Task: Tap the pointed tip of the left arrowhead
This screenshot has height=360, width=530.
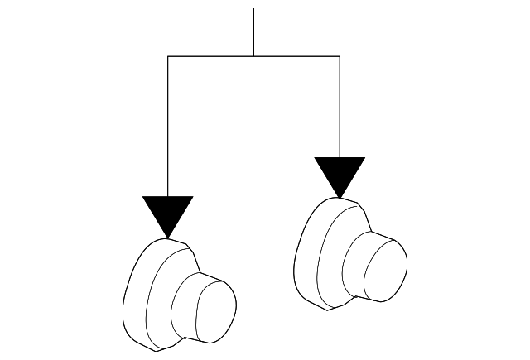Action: click(168, 238)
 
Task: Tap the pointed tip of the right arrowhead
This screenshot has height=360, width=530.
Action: click(340, 199)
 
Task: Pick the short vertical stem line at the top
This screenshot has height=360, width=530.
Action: click(253, 31)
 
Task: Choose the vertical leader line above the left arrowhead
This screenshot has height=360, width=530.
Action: click(168, 124)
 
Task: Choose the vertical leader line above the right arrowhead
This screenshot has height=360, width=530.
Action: click(340, 103)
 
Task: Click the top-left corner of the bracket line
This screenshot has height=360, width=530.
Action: click(168, 56)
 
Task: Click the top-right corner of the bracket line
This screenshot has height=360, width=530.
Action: click(340, 56)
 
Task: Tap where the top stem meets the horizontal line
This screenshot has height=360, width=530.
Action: click(253, 56)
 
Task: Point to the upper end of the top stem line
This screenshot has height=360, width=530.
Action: click(253, 9)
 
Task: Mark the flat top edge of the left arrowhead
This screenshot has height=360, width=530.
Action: click(168, 198)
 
